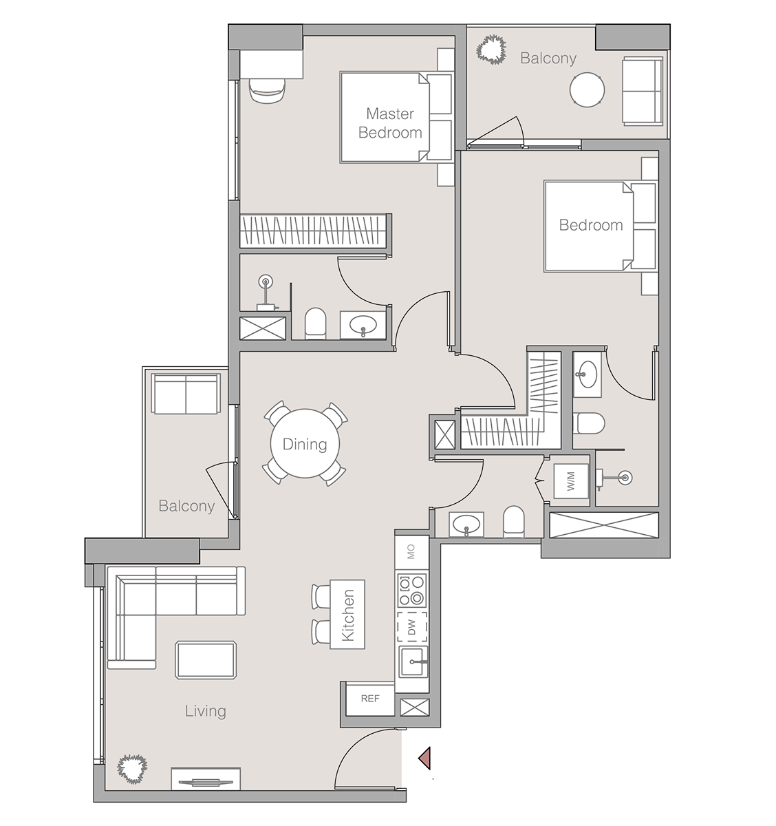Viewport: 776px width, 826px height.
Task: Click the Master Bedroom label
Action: [390, 123]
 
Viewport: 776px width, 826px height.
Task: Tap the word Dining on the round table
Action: [305, 444]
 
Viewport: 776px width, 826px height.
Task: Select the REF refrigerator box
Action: [370, 699]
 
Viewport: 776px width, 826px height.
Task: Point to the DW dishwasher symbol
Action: [412, 627]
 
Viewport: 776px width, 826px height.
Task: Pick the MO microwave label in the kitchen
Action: [411, 552]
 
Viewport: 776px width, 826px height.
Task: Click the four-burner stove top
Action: [412, 589]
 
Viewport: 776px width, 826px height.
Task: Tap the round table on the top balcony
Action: [587, 89]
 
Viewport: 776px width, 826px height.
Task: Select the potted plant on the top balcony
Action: [491, 50]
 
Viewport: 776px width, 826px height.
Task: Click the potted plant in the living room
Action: [131, 768]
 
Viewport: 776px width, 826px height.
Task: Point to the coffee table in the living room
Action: [206, 660]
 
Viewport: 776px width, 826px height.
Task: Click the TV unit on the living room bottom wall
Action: [206, 780]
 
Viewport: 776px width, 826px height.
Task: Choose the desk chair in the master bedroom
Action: [266, 90]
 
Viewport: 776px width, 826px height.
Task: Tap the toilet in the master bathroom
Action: [315, 324]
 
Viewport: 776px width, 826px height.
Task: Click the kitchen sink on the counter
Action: [413, 662]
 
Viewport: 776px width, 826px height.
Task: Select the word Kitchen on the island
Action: [348, 615]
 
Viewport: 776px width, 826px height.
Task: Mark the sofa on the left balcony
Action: [186, 394]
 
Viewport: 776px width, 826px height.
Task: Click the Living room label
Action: [205, 711]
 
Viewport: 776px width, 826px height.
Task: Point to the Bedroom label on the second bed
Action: [591, 225]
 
